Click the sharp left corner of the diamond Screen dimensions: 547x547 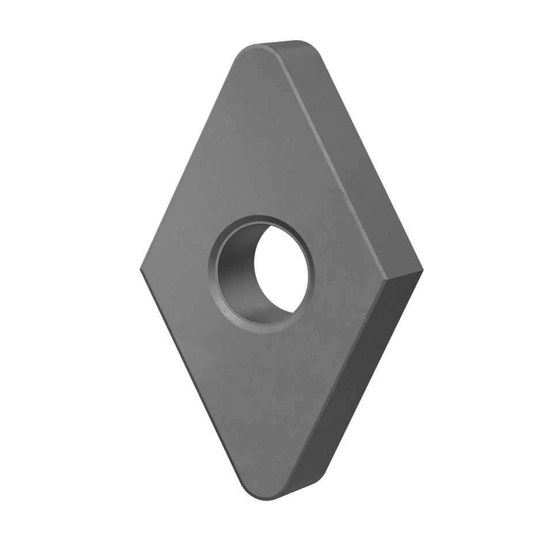coord(142,269)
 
